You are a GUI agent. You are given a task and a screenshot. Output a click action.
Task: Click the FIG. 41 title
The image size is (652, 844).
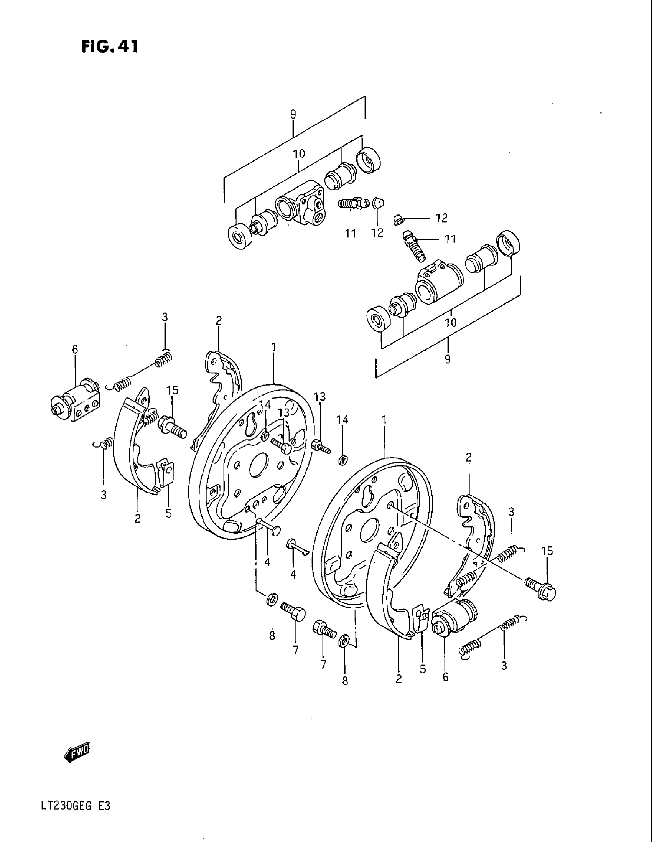click(x=109, y=47)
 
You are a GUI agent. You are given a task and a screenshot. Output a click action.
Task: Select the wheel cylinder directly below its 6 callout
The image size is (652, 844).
click(x=76, y=402)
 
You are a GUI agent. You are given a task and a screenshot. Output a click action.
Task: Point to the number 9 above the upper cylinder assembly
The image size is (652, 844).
click(x=293, y=114)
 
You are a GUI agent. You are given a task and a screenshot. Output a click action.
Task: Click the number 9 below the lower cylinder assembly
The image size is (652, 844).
click(x=447, y=359)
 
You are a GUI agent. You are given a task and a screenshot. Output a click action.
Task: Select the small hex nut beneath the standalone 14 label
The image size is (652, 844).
click(x=342, y=460)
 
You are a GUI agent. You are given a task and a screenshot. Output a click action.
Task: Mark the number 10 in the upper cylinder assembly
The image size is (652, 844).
click(x=298, y=153)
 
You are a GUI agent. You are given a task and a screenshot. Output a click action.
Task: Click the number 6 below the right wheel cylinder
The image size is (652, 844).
click(x=446, y=677)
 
